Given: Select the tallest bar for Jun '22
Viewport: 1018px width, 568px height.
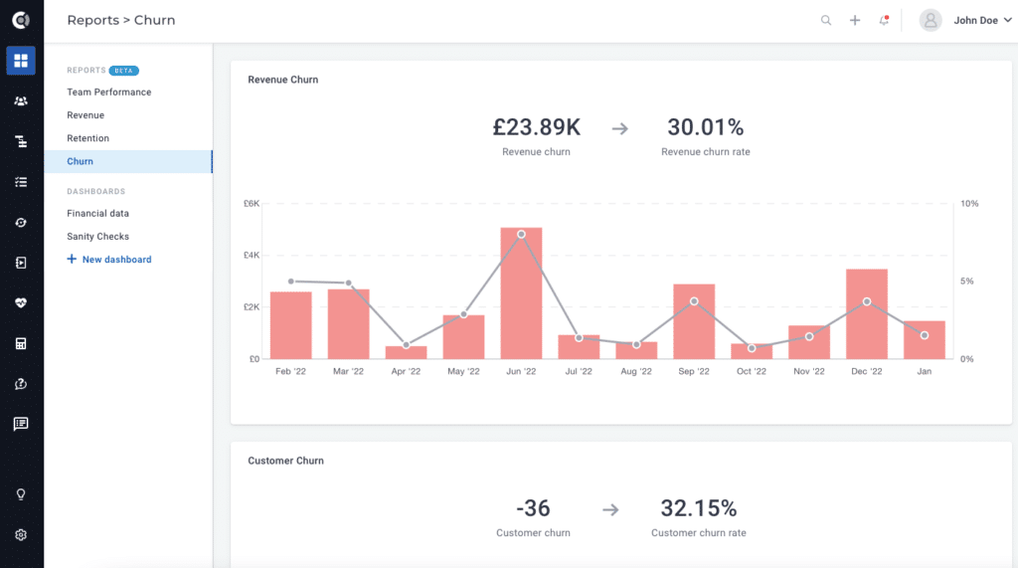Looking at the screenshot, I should (x=521, y=293).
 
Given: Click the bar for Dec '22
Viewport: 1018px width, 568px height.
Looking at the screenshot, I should (x=867, y=313).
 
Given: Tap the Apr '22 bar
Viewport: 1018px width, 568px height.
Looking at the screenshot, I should (x=406, y=352).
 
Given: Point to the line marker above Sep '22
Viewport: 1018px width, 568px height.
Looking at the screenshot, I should (x=694, y=301).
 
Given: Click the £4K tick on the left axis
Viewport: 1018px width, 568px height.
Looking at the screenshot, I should (x=252, y=256).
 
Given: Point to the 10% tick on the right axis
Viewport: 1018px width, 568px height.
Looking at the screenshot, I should (x=969, y=204).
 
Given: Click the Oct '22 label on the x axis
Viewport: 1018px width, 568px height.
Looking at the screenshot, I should (x=752, y=372).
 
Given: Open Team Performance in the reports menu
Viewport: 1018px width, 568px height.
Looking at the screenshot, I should (x=109, y=93).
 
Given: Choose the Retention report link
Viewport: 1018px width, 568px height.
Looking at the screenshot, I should (x=88, y=138).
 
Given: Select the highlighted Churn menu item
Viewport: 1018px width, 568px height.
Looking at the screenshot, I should (x=81, y=161).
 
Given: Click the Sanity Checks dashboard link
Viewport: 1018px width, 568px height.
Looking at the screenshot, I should (x=98, y=237).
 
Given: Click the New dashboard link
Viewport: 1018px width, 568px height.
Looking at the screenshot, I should (x=116, y=260).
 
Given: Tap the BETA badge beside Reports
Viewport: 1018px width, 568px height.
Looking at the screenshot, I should (x=124, y=71).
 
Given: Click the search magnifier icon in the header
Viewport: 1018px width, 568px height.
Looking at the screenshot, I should (x=826, y=20).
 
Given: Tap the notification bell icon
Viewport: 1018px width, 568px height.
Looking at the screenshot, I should (x=884, y=20).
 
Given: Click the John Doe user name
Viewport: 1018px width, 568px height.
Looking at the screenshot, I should (x=975, y=20).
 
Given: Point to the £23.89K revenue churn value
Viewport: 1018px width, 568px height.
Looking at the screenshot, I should (x=536, y=127).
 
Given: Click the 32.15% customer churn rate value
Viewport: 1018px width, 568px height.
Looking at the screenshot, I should (x=699, y=508).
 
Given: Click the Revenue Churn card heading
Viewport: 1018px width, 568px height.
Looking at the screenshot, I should (x=283, y=80).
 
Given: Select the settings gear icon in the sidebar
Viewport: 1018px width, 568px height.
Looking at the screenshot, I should (x=21, y=535).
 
